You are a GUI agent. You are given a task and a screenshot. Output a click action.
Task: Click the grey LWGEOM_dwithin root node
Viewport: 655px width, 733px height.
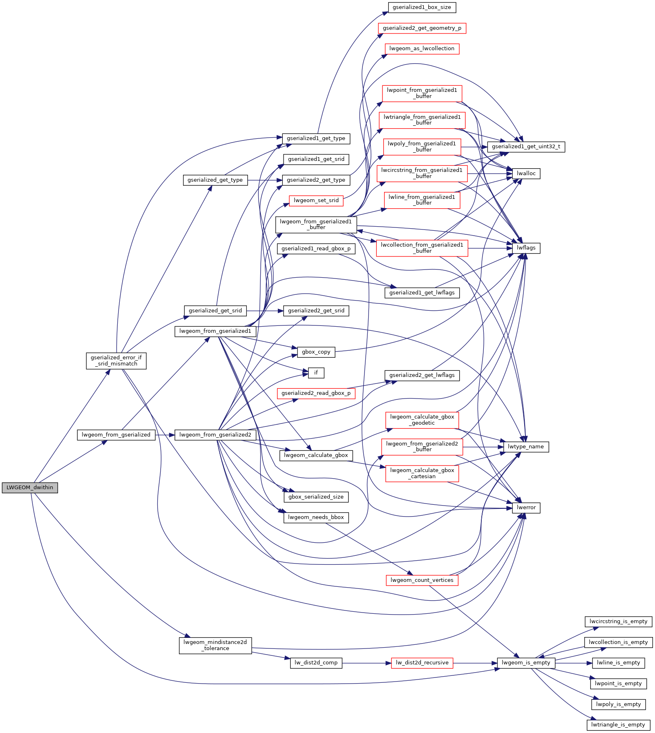pos(30,488)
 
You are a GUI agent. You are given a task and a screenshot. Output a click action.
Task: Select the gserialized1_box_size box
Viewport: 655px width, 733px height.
pos(422,7)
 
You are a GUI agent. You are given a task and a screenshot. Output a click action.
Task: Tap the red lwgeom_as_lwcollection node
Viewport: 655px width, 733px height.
pos(422,49)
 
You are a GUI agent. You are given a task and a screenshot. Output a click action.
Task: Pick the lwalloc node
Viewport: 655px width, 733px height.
pos(526,174)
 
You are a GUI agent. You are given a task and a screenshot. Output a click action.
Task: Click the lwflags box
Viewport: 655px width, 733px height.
pos(526,248)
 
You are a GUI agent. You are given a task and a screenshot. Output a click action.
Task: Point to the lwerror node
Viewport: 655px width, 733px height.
pos(526,508)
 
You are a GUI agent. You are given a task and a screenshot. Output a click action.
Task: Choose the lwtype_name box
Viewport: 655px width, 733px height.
pos(525,447)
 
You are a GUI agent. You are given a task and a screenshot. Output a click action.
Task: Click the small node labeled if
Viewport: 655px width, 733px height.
pos(316,373)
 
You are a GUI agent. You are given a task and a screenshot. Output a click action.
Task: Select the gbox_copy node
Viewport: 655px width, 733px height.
pos(316,352)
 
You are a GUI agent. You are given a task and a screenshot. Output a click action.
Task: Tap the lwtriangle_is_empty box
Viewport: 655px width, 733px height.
pos(618,725)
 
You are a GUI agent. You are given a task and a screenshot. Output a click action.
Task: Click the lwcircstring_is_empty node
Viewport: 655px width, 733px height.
pos(618,622)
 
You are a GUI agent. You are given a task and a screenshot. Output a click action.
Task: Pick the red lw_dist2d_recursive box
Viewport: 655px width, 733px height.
pos(422,663)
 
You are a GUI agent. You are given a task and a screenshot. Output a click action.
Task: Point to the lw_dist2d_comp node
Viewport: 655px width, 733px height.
pos(316,663)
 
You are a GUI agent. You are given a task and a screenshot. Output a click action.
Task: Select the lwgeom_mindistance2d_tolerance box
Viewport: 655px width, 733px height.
pos(215,645)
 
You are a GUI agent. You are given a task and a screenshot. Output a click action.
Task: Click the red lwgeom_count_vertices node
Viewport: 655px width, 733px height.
pos(422,580)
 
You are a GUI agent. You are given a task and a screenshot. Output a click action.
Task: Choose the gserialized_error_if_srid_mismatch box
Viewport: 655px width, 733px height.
pos(116,361)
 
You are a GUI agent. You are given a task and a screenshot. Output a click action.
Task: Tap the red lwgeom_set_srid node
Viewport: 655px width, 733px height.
pos(316,201)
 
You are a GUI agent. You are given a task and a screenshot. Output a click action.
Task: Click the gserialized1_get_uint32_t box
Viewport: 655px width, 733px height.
pos(526,147)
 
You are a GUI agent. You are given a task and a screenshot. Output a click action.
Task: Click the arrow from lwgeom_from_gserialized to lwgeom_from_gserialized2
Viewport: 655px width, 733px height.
pos(165,435)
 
